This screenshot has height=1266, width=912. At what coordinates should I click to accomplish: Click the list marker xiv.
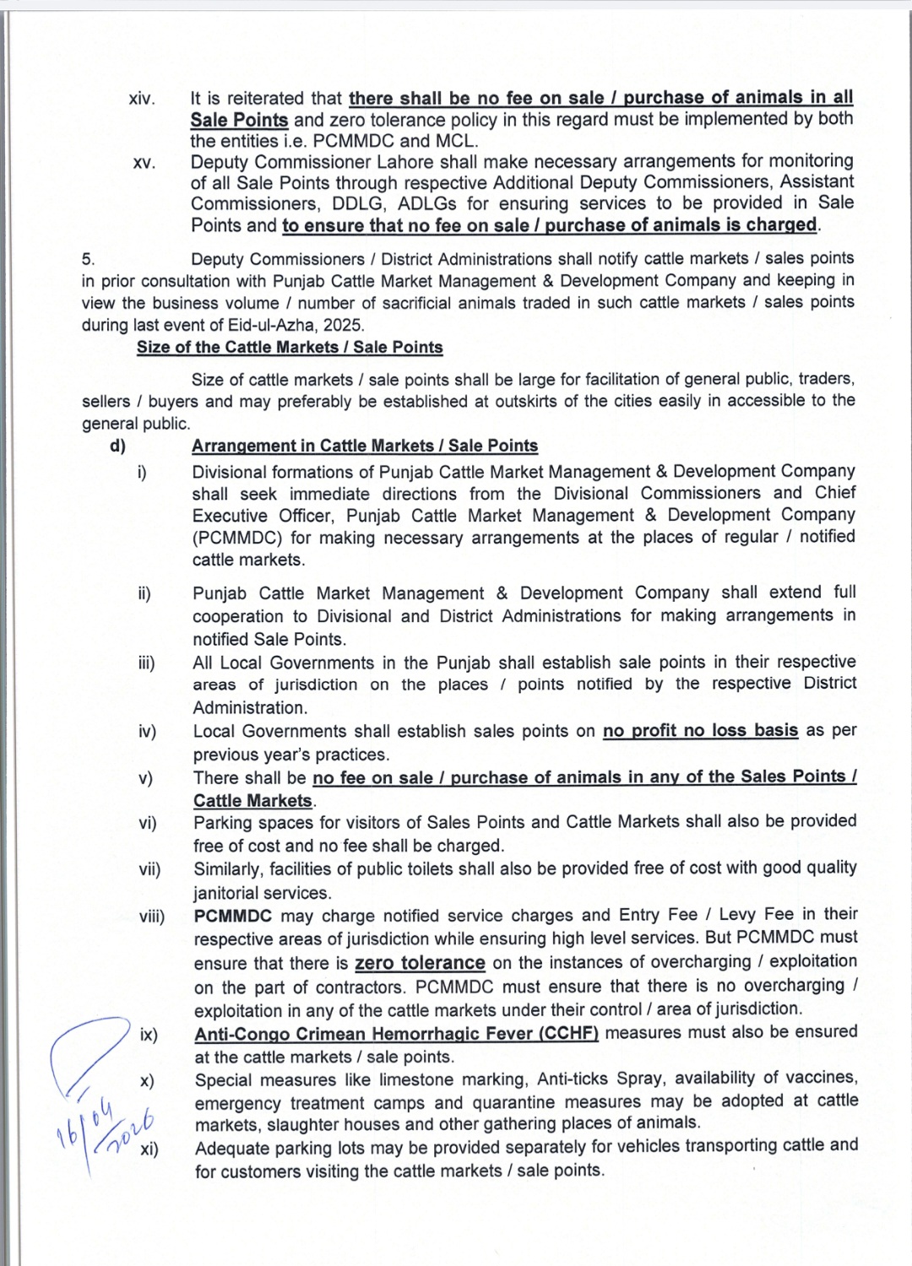point(142,100)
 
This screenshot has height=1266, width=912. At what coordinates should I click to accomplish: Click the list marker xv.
point(144,163)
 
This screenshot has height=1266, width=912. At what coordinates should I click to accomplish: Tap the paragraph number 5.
point(89,259)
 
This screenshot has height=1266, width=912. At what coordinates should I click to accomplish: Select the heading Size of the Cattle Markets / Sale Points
point(290,347)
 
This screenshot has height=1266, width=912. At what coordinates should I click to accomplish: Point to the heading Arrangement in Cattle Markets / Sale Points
point(365,446)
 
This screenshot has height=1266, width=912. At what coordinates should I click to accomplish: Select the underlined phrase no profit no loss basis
point(700,730)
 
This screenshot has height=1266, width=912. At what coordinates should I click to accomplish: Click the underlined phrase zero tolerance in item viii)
point(420,963)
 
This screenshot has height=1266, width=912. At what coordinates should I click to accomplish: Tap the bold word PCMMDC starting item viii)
point(233,916)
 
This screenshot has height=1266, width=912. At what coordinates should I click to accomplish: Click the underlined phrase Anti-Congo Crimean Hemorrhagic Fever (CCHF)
point(396,1033)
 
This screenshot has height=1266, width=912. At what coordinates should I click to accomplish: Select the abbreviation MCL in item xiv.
point(457,141)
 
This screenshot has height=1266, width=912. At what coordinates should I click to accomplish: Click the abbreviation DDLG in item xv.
point(332,203)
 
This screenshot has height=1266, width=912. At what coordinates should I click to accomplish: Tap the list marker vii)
point(149,869)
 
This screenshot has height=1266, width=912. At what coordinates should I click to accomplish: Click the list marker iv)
point(147,732)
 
